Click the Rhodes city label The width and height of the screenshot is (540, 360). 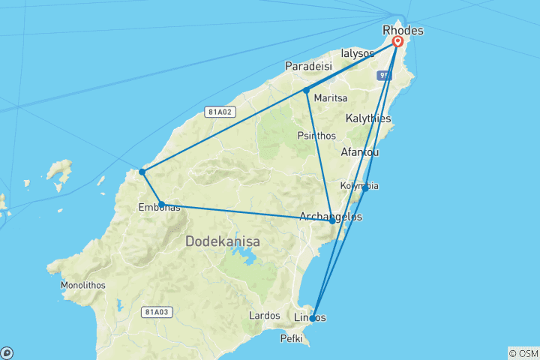(x=403, y=31)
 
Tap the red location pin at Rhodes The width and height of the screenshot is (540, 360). (x=397, y=42)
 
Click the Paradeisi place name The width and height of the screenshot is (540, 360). (x=308, y=67)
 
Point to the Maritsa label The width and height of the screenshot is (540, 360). (x=331, y=97)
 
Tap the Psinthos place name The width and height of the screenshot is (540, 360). (x=316, y=136)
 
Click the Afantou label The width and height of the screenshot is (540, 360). (x=360, y=152)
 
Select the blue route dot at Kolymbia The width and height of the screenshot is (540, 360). (x=365, y=187)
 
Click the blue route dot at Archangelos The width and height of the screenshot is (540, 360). (x=332, y=221)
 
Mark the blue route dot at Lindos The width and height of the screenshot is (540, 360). (x=313, y=319)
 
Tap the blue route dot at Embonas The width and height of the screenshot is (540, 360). (x=161, y=204)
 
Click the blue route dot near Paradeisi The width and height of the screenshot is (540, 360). (x=306, y=91)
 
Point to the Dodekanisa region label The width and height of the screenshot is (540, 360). (x=223, y=242)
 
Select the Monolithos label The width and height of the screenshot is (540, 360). (x=84, y=286)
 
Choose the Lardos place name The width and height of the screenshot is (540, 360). (x=264, y=316)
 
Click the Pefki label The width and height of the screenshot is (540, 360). (x=290, y=339)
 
